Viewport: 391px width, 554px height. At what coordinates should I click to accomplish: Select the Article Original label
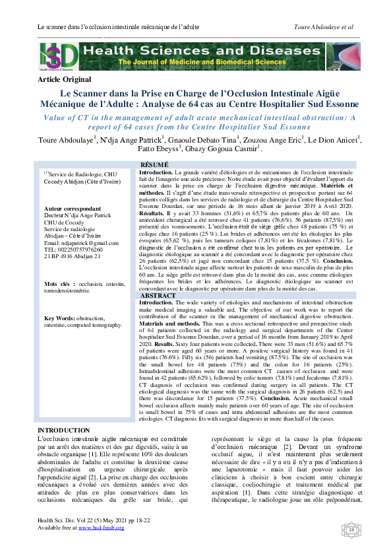[x=65, y=79]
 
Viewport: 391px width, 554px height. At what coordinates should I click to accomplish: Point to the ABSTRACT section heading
[x=158, y=296]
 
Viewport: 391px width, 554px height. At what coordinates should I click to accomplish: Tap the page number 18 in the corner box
[x=351, y=530]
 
